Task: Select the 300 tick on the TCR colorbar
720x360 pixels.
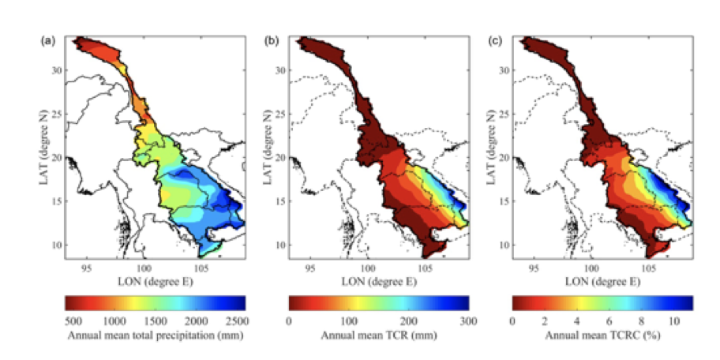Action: [x=469, y=322]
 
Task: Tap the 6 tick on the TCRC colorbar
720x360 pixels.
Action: [x=613, y=322]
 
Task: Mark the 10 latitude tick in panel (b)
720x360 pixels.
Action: [x=282, y=244]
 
